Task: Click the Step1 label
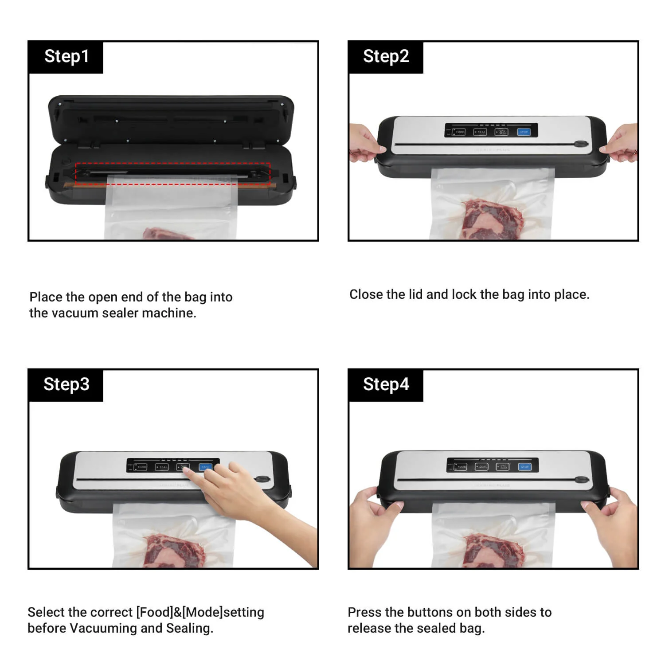tap(66, 57)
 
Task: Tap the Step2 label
tap(386, 57)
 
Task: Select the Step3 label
tap(66, 384)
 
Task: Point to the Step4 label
tap(386, 384)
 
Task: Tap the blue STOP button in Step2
tap(524, 132)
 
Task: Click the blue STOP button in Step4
tap(525, 467)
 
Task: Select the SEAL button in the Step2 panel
tap(481, 132)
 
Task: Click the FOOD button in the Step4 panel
tap(461, 467)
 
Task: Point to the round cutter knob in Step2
tap(580, 144)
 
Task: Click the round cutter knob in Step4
tap(581, 480)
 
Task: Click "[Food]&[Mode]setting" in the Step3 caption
tap(200, 612)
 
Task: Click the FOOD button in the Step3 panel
tap(141, 467)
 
